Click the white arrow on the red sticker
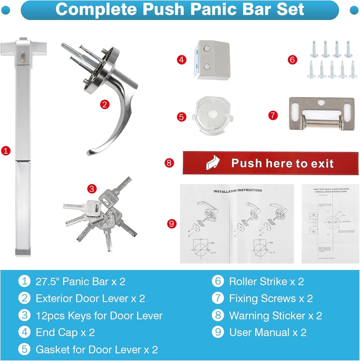[x=213, y=163]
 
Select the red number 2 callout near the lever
[x=104, y=104]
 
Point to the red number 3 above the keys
[x=92, y=189]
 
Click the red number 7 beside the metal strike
[x=273, y=115]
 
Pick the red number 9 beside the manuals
[x=172, y=224]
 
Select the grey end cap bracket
[x=213, y=60]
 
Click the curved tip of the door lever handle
[x=90, y=152]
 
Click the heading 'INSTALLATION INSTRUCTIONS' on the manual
[x=238, y=191]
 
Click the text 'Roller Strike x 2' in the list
[x=266, y=282]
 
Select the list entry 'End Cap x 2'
[x=65, y=332]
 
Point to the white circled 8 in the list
[x=218, y=316]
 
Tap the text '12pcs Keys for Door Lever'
[x=99, y=316]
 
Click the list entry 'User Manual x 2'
[x=268, y=332]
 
